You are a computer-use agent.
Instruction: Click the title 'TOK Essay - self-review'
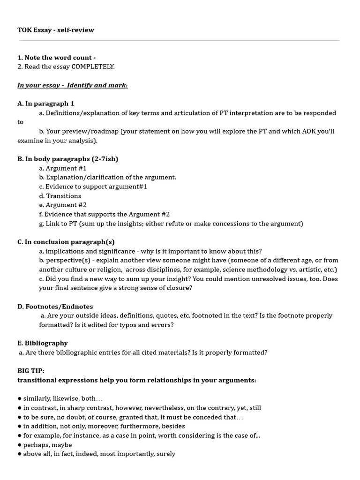coord(56,30)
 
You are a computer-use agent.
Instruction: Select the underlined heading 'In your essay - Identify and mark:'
coord(72,85)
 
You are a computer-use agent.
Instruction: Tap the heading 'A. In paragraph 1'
coord(46,104)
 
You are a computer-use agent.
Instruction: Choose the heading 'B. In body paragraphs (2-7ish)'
coord(67,159)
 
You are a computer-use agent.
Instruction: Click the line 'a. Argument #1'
coord(63,168)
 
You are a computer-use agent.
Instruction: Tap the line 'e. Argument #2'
coord(63,205)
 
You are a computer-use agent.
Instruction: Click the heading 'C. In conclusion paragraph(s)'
coord(66,242)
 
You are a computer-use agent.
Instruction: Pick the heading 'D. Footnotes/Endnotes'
coord(55,307)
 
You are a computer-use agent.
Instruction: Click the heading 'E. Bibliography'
coord(43,343)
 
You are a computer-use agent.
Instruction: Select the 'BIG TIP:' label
coord(31,371)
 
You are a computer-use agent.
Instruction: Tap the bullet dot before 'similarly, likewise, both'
coord(19,398)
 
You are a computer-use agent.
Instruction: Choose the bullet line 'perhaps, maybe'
coord(47,445)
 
